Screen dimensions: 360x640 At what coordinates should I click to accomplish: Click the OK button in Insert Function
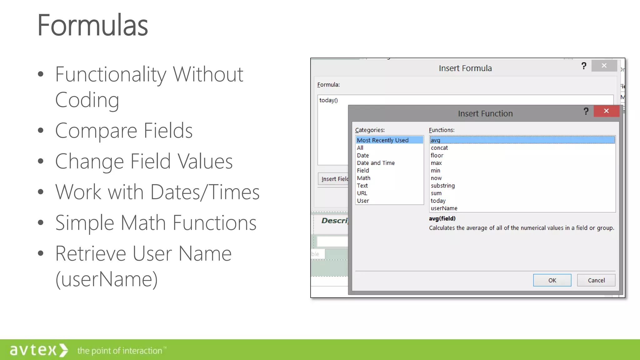(552, 280)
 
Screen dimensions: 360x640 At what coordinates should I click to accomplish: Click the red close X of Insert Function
(606, 111)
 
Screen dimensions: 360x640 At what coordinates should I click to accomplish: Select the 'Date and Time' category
(376, 163)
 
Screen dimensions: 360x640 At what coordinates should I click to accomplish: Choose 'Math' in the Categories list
(363, 178)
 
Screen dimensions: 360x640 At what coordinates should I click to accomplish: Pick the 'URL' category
(362, 193)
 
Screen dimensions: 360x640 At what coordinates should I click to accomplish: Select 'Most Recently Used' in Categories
(382, 140)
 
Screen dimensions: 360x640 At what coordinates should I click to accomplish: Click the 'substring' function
(442, 186)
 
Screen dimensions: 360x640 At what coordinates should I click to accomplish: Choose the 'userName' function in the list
(444, 208)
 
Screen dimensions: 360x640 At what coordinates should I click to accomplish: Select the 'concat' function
(439, 148)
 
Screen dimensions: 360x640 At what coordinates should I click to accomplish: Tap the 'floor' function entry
(437, 155)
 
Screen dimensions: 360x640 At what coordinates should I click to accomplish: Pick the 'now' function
(436, 178)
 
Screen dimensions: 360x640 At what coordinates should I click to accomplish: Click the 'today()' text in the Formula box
(328, 100)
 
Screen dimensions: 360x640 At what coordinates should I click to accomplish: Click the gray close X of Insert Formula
(604, 66)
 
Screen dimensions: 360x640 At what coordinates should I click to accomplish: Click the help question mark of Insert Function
(586, 111)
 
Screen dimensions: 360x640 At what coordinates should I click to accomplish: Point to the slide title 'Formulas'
(92, 25)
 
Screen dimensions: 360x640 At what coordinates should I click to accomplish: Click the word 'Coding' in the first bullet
(87, 100)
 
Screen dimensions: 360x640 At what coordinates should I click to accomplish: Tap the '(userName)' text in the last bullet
(106, 279)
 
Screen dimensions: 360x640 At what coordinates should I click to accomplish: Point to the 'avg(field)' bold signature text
(442, 218)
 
